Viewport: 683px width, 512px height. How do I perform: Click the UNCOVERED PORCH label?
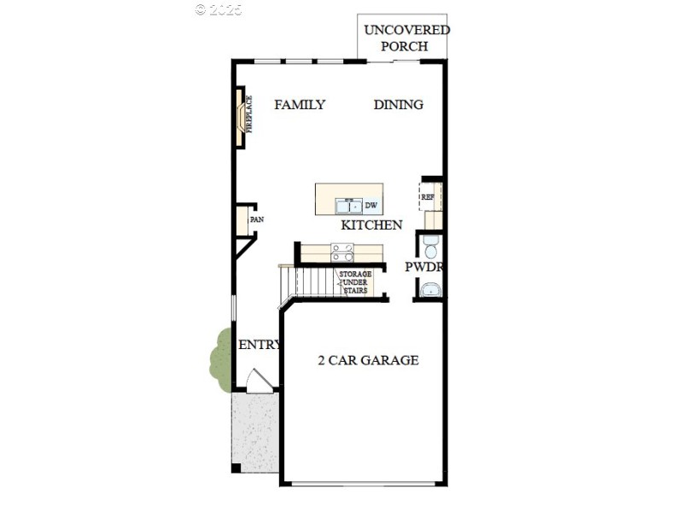(406, 38)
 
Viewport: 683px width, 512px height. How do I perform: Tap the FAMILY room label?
(300, 105)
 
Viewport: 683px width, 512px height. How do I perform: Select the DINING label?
(399, 105)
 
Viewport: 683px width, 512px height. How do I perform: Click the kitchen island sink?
(347, 205)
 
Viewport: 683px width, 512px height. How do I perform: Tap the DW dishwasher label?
(371, 206)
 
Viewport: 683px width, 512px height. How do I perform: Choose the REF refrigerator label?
(427, 197)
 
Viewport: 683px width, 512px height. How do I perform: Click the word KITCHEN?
(371, 225)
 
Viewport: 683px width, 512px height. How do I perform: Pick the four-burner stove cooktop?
(342, 253)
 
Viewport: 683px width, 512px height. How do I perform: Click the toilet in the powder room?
(430, 248)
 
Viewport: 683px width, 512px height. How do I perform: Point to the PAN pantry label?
(256, 220)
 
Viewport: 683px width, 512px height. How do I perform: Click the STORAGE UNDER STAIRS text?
(354, 282)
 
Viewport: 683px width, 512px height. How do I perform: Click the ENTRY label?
(260, 345)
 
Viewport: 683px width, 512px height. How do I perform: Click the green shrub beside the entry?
(220, 358)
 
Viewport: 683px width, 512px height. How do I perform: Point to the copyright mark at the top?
(219, 9)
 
